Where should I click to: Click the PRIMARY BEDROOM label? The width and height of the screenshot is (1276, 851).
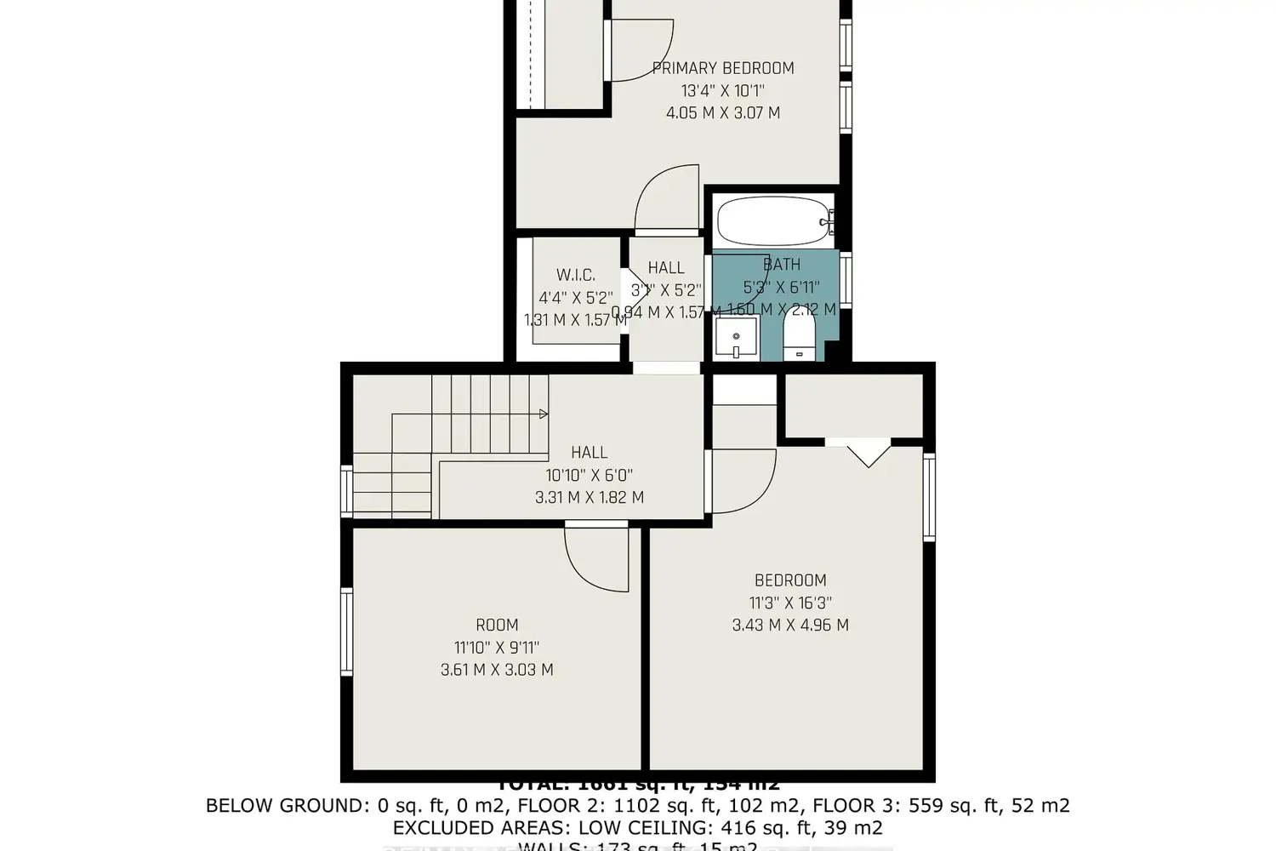pyautogui.click(x=723, y=68)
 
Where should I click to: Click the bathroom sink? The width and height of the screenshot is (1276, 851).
pyautogui.click(x=736, y=338)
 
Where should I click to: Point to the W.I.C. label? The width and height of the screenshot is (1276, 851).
pyautogui.click(x=576, y=275)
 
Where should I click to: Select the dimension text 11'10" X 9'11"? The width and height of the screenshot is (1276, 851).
pyautogui.click(x=497, y=647)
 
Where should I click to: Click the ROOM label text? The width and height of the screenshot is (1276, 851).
pyautogui.click(x=497, y=625)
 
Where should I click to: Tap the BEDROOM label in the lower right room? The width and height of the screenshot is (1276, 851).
pyautogui.click(x=790, y=580)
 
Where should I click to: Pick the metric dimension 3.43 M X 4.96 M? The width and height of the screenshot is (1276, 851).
pyautogui.click(x=790, y=625)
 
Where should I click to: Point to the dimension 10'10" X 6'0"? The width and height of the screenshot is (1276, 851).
pyautogui.click(x=590, y=475)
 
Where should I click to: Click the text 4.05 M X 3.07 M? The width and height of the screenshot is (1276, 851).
pyautogui.click(x=723, y=112)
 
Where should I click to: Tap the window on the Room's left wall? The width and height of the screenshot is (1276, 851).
pyautogui.click(x=346, y=632)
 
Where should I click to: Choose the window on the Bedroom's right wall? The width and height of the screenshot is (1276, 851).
pyautogui.click(x=929, y=498)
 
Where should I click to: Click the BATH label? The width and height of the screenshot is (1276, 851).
pyautogui.click(x=781, y=265)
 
